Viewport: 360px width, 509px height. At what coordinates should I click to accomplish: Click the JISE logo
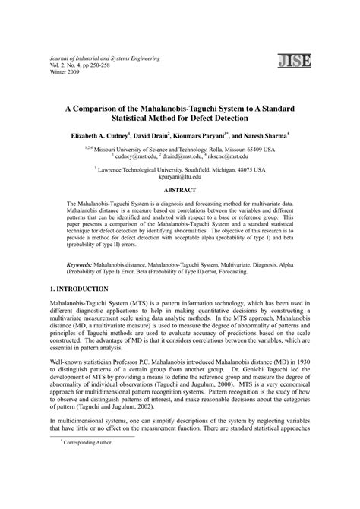[292, 62]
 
